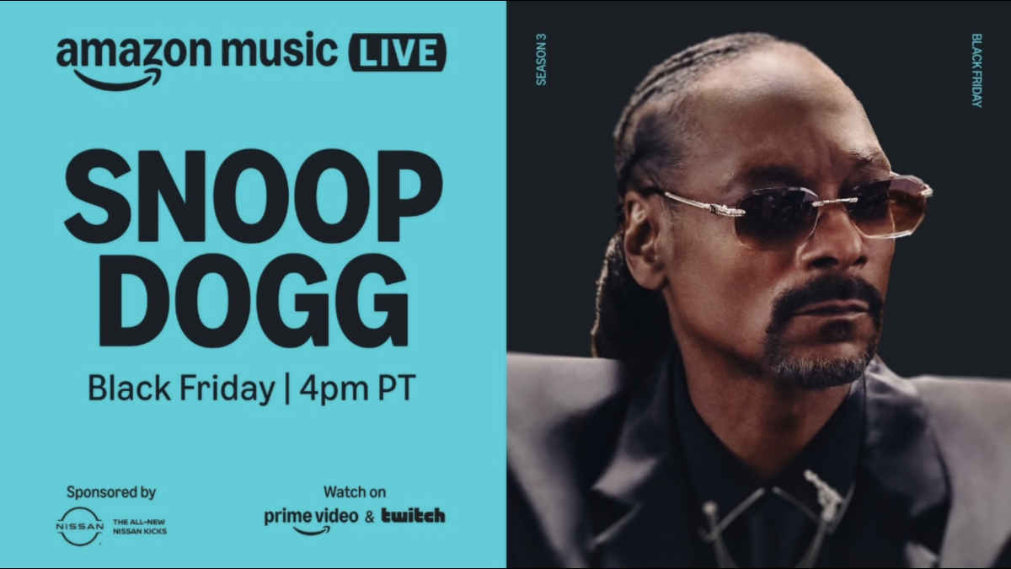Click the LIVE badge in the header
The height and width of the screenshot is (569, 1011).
point(398,52)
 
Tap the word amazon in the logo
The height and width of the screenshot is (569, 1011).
point(134,52)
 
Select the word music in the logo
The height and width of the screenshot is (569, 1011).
point(280,50)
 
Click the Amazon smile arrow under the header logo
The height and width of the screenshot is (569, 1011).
point(118,79)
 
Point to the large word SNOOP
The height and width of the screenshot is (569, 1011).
point(254,196)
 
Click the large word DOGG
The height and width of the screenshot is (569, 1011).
point(254,300)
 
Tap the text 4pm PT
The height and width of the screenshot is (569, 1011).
point(357,388)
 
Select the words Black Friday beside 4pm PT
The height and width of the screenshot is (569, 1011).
point(181,389)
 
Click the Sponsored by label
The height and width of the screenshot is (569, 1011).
point(111,491)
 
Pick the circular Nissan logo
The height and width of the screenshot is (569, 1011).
point(80,526)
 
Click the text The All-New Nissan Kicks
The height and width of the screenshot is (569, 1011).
point(140,527)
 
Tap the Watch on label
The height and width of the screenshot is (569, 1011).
point(355,491)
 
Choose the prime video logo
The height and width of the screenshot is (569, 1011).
point(311,520)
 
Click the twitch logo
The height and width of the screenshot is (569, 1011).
point(414,515)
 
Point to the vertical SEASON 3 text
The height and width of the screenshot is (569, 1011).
point(541,59)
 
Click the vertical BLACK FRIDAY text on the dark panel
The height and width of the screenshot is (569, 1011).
point(976,70)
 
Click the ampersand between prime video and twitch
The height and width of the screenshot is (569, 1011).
point(370,517)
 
